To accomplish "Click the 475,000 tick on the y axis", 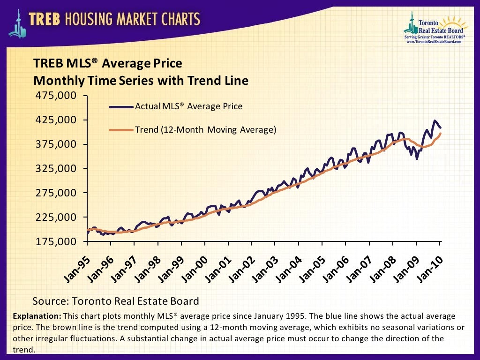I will (55, 96).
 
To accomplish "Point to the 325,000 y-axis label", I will (55, 168).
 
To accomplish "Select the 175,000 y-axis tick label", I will (55, 241).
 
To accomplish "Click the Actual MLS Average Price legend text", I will (188, 106).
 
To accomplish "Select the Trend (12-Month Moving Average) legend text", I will (205, 130).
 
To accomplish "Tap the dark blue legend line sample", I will (121, 107).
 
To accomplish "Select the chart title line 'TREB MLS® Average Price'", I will (107, 63).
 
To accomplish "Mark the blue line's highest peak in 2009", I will (435, 120).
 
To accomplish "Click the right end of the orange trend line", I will (441, 134).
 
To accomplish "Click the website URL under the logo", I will (434, 41).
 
